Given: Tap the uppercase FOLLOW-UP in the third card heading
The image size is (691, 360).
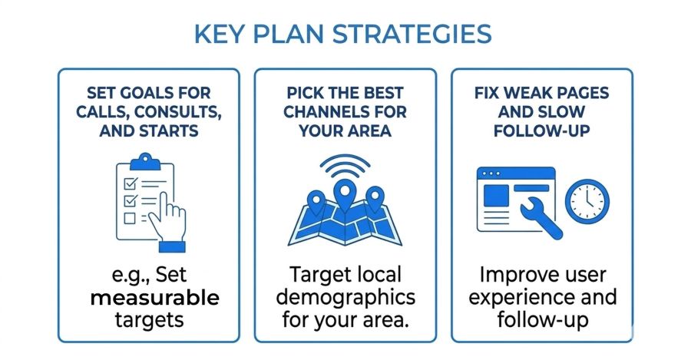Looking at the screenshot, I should [541, 130].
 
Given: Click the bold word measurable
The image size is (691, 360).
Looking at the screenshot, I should [154, 297].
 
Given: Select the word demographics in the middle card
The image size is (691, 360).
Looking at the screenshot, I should [345, 297].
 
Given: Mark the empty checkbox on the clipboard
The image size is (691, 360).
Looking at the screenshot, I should [129, 218].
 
